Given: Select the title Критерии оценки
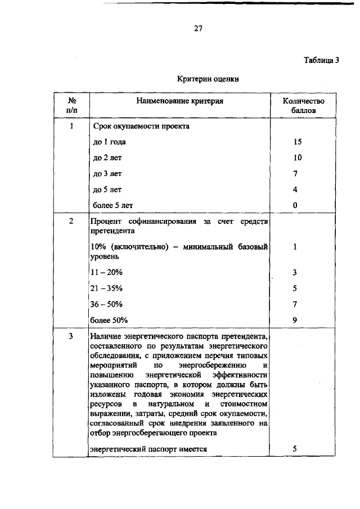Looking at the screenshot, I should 208,79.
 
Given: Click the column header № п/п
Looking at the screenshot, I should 72,106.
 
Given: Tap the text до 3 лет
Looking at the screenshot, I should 107,174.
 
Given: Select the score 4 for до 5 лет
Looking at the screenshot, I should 296,190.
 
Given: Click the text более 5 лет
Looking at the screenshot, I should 113,205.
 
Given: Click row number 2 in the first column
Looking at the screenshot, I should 71,221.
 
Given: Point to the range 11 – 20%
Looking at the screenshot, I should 107,273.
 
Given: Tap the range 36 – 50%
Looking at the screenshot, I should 107,304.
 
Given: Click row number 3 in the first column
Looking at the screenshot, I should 71,336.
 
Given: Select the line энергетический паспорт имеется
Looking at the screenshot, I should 149,449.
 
